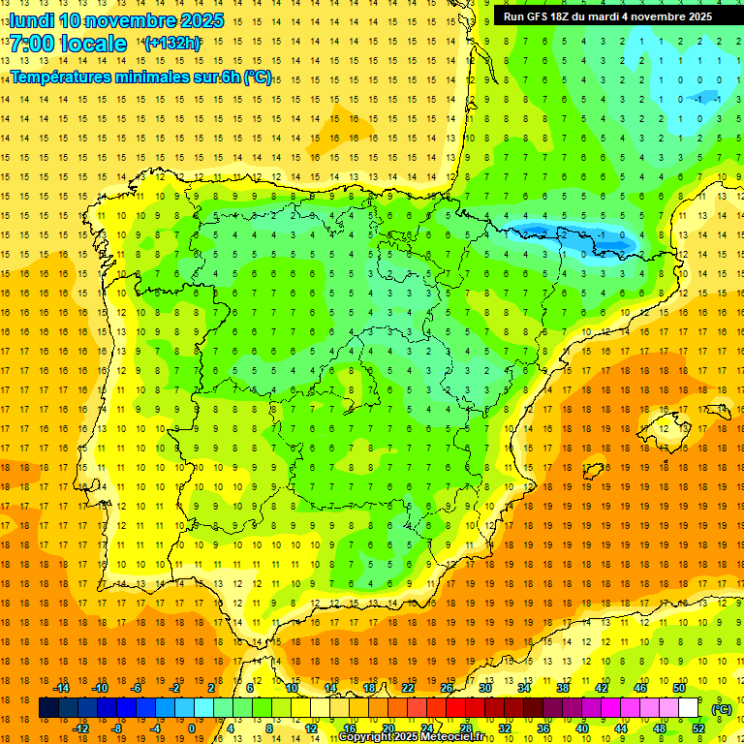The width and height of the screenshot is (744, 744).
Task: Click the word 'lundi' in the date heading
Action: point(32,20)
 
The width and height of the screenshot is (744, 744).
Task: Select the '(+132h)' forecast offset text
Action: point(171,43)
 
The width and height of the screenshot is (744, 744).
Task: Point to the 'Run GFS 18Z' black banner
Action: point(607,15)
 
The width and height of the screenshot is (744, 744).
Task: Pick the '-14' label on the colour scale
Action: point(62,688)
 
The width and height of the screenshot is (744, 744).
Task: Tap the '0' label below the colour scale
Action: point(191,728)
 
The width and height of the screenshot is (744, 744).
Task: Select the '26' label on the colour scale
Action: point(447,688)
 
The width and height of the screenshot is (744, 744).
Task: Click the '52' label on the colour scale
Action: point(697,728)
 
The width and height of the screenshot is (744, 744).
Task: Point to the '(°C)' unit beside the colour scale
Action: point(722,709)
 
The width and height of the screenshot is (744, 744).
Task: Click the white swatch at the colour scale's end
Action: point(688,708)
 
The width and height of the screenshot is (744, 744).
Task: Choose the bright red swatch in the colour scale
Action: point(455,708)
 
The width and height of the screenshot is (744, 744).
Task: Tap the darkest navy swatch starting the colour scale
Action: point(48,708)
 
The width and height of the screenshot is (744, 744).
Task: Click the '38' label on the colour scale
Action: point(562,688)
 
